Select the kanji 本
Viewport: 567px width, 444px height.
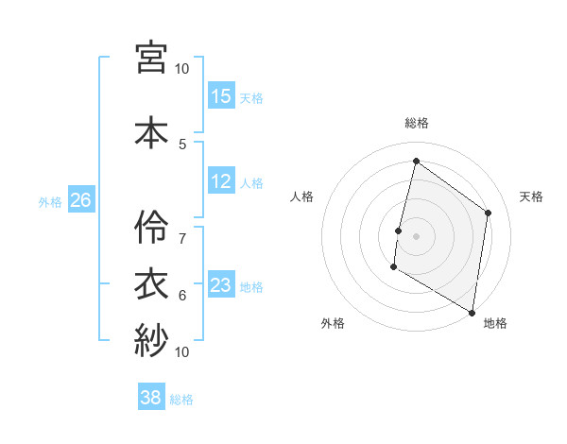click(x=151, y=131)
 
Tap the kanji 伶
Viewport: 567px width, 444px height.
click(x=151, y=228)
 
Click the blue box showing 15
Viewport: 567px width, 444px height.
click(x=221, y=96)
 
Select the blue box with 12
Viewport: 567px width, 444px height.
click(x=221, y=181)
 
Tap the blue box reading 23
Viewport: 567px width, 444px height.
click(x=221, y=285)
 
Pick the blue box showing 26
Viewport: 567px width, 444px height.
click(x=80, y=200)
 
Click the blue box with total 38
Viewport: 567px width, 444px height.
click(x=151, y=398)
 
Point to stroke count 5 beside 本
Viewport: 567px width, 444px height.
click(x=182, y=144)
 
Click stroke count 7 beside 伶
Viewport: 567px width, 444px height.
click(x=182, y=230)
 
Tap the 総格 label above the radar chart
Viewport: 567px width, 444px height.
click(x=416, y=123)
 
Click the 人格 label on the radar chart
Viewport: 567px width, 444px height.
click(x=302, y=196)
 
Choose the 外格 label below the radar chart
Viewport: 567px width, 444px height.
click(x=333, y=323)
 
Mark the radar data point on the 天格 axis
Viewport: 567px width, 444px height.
click(x=489, y=213)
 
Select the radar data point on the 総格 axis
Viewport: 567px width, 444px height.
click(x=416, y=162)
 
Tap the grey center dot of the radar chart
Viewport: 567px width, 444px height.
click(x=416, y=236)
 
